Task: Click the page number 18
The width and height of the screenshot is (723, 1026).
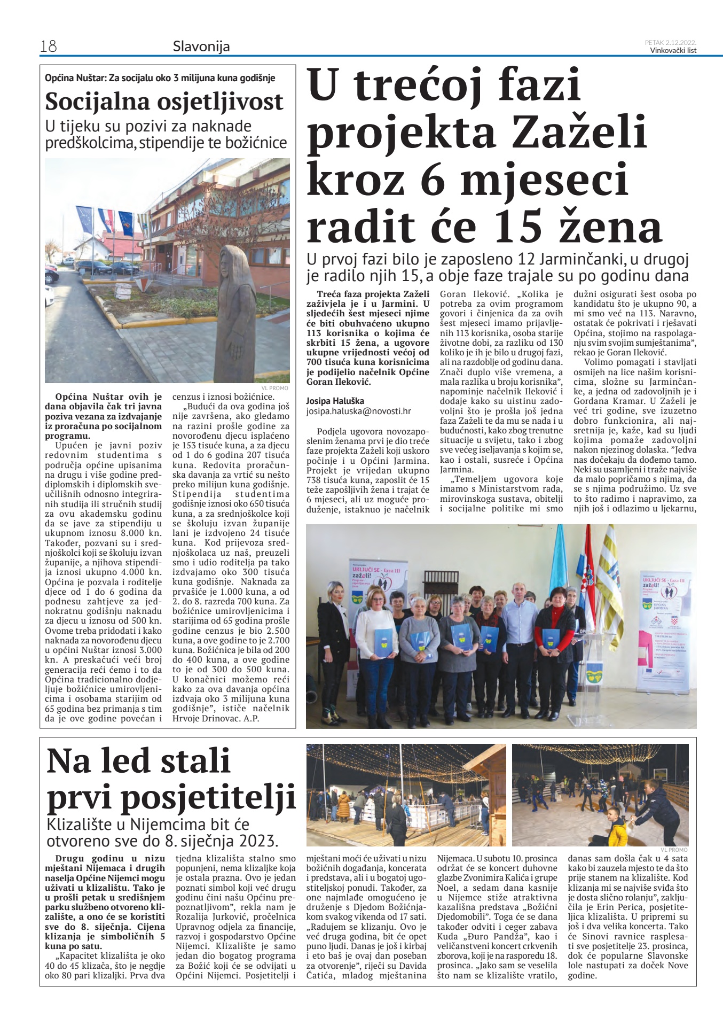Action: pos(48,46)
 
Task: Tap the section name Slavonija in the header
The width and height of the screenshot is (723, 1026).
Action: pos(201,46)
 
